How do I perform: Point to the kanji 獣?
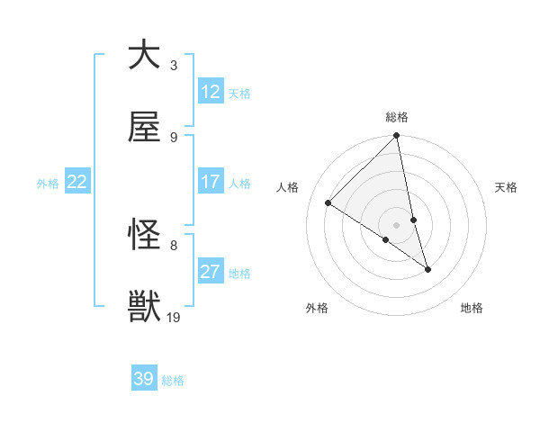click(144, 307)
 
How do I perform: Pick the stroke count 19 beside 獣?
click(174, 317)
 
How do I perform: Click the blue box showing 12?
click(211, 92)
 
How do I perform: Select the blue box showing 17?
click(211, 182)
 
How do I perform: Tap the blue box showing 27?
click(211, 272)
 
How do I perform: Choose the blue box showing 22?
click(77, 182)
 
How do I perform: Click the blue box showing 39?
click(144, 379)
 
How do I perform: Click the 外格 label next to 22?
click(48, 184)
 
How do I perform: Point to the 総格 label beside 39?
click(173, 381)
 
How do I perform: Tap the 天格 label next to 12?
click(239, 94)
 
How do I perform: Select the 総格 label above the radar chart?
click(397, 117)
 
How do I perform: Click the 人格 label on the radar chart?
click(288, 187)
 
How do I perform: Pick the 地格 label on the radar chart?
click(472, 308)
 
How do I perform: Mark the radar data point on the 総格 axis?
click(397, 137)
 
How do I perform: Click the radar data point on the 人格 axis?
click(328, 203)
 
